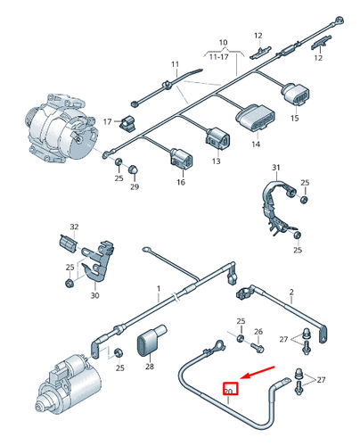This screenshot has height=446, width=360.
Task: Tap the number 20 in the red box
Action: [229, 390]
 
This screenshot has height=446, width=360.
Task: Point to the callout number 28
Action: [149, 367]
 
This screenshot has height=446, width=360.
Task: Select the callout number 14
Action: [255, 143]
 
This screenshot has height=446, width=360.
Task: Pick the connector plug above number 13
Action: [217, 138]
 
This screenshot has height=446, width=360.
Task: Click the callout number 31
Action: [275, 168]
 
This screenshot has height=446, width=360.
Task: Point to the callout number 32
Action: [74, 227]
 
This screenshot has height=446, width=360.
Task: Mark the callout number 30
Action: [95, 295]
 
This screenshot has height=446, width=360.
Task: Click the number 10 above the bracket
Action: [223, 42]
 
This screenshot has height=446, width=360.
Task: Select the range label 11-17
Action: [223, 56]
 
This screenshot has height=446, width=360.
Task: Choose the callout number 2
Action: [290, 292]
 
